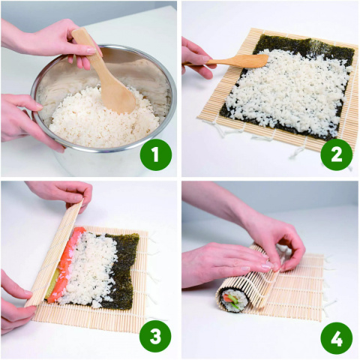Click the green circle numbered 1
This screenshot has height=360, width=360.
[x=156, y=155]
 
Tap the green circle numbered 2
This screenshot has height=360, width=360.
[x=336, y=155]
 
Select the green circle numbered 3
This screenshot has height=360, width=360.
[x=156, y=337]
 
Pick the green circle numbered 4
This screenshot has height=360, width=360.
[x=336, y=337]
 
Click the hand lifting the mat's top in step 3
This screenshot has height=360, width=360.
[x=60, y=193]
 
